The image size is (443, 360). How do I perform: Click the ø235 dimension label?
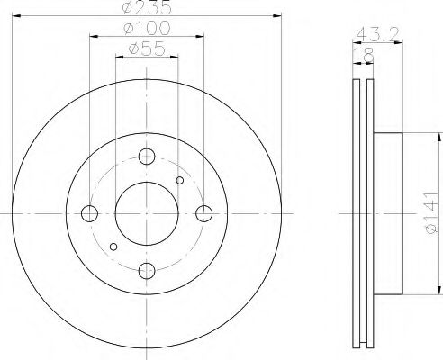(147, 7)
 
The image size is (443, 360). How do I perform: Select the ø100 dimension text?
(147, 28)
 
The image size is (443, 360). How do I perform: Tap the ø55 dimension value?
(147, 49)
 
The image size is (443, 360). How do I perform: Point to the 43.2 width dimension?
(377, 33)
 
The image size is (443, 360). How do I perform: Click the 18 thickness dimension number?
(364, 55)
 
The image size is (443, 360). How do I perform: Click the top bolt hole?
(147, 157)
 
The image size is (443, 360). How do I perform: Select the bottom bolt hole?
(147, 271)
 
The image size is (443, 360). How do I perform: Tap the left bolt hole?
(89, 213)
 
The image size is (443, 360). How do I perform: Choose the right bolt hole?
(204, 213)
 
